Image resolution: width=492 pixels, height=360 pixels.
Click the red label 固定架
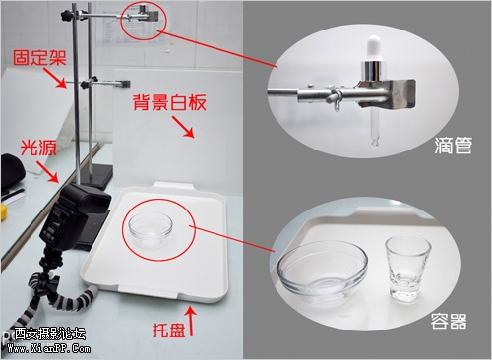(x=39, y=58)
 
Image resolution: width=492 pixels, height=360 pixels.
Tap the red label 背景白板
(x=169, y=102)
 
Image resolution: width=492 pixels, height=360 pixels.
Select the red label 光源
(x=38, y=148)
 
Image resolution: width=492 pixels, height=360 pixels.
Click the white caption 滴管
(x=454, y=146)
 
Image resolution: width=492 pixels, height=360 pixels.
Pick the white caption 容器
(x=449, y=321)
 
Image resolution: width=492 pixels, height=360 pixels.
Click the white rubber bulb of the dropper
(x=374, y=48)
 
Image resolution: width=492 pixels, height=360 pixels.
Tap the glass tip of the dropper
(x=375, y=142)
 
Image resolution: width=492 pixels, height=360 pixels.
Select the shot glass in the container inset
(x=407, y=269)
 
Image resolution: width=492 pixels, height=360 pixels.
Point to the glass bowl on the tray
(x=151, y=229)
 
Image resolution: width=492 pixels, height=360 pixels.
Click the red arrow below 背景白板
(x=183, y=127)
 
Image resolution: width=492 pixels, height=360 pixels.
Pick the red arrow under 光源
(x=47, y=171)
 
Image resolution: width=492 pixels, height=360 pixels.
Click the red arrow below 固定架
(x=55, y=78)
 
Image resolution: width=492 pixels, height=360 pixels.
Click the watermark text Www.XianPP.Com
(x=48, y=348)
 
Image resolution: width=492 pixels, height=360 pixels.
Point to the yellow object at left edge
(x=3, y=211)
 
